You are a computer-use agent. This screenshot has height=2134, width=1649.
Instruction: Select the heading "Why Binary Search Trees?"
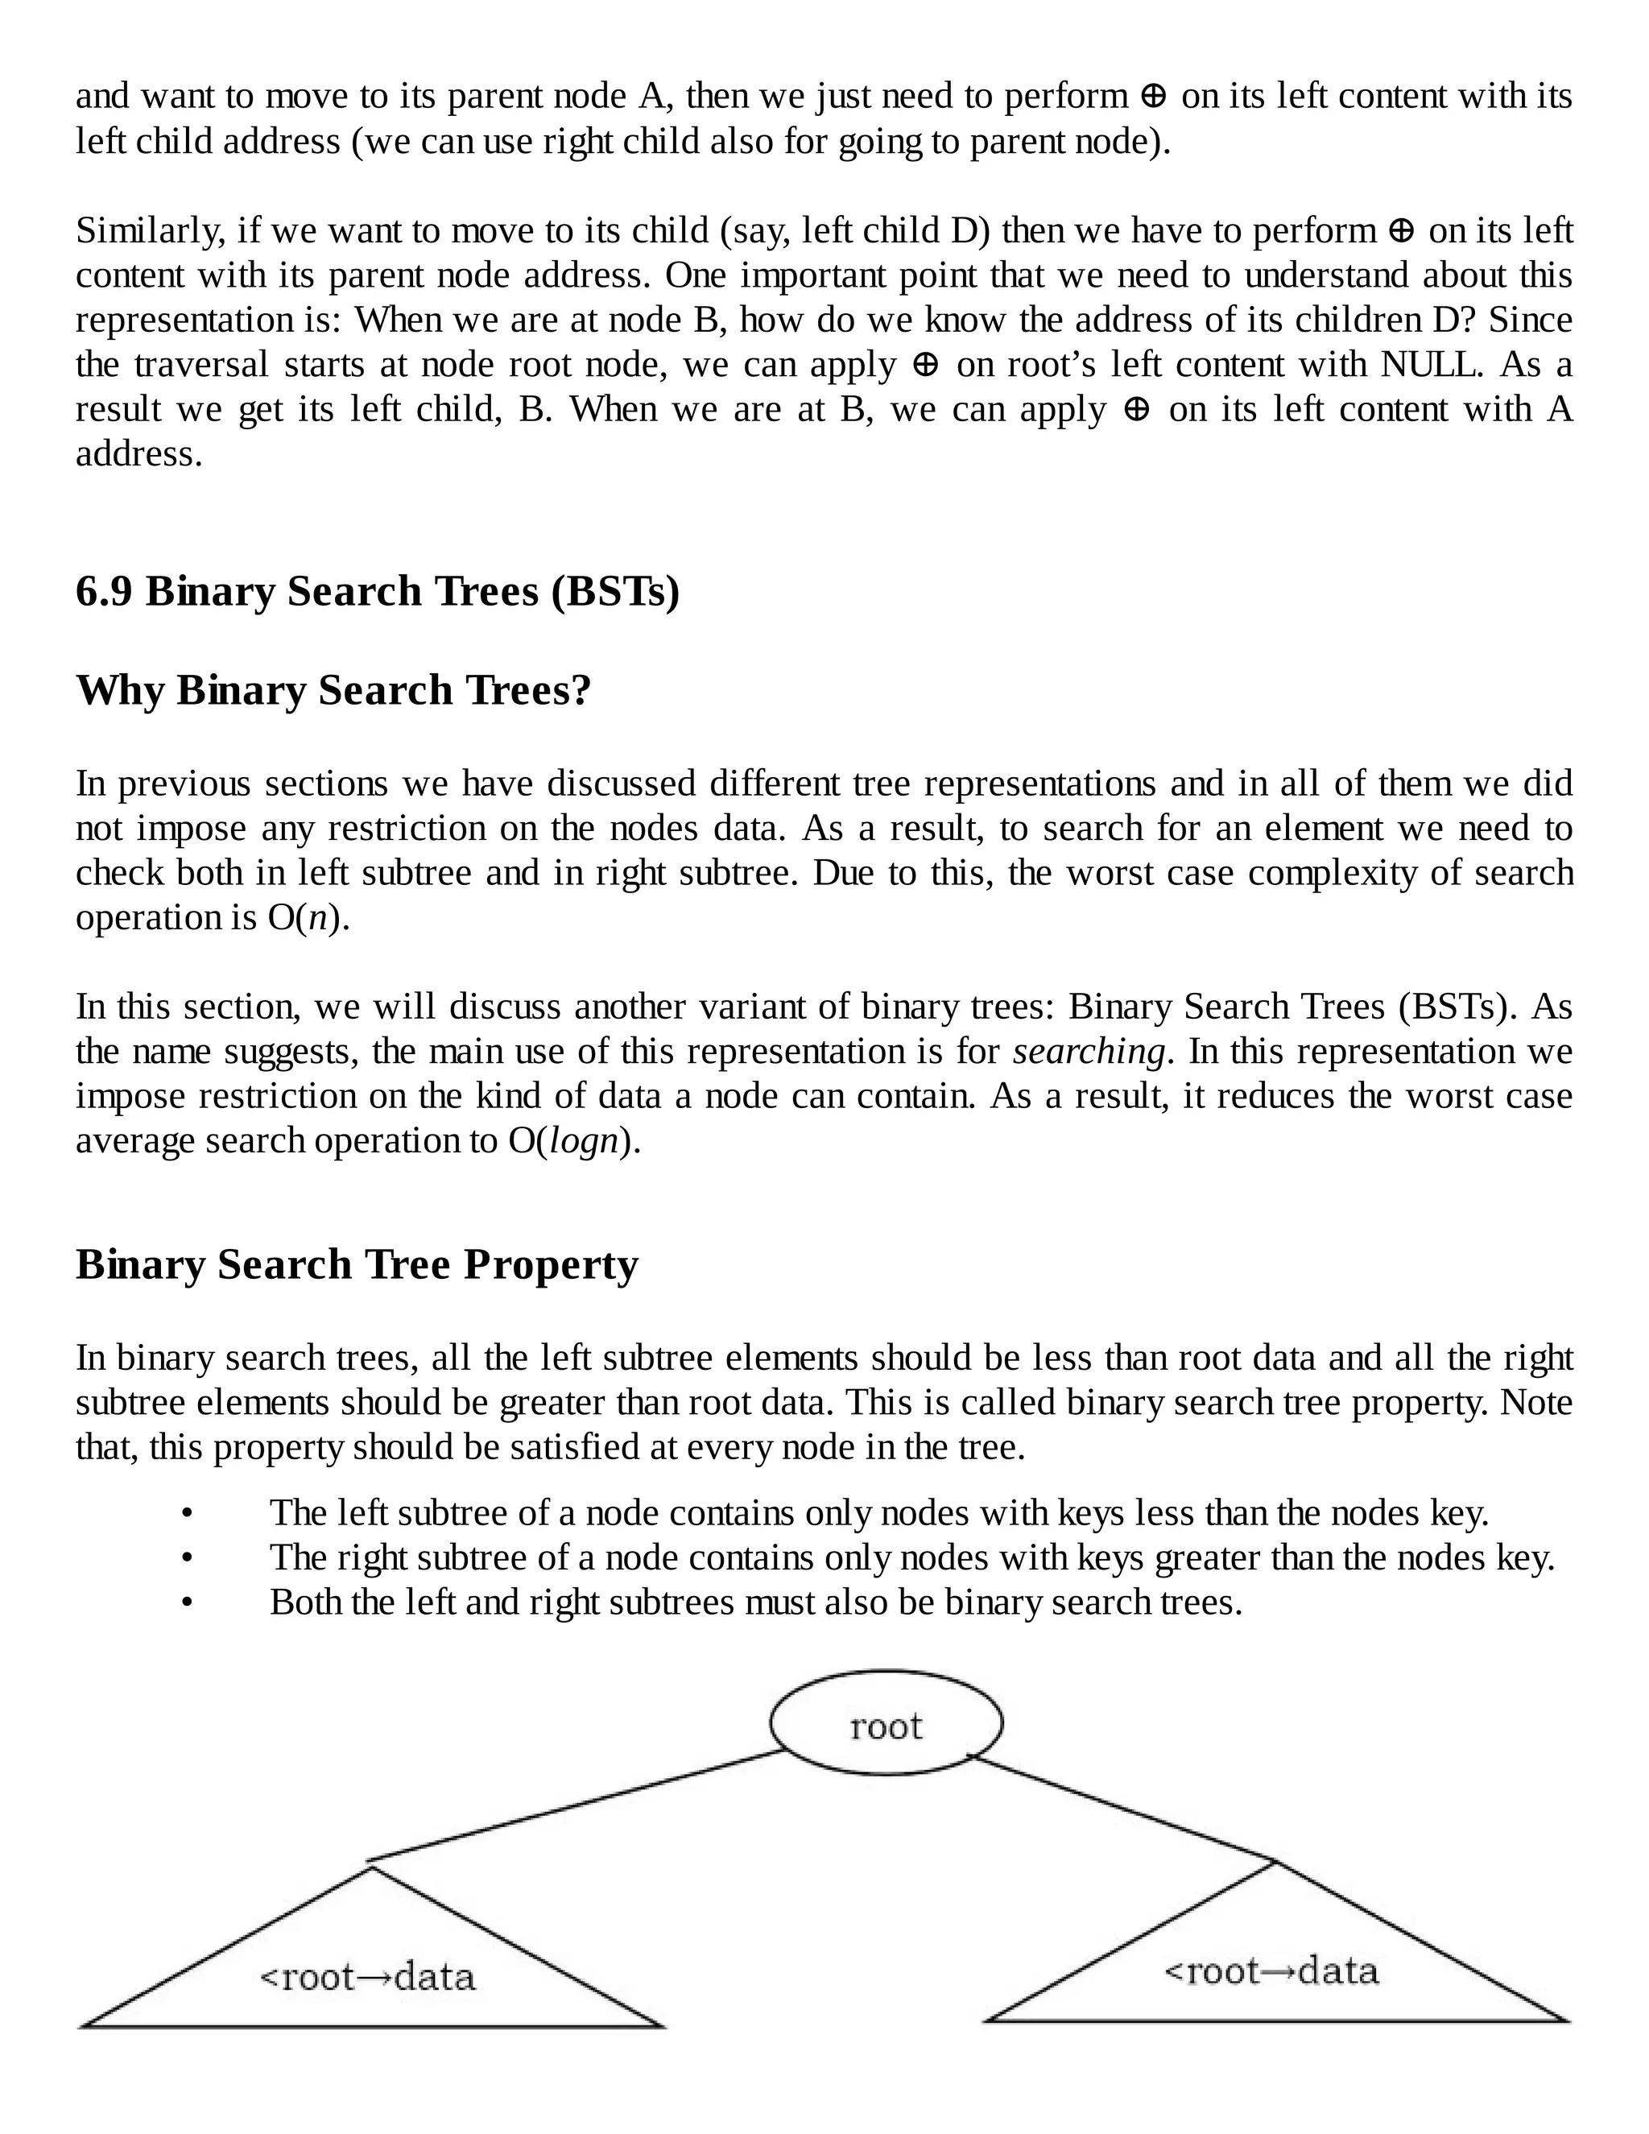333,691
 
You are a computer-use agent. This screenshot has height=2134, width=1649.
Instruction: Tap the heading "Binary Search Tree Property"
357,1264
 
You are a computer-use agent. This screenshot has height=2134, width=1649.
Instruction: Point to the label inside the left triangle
367,1978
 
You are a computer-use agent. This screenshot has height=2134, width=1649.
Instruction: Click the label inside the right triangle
1271,1971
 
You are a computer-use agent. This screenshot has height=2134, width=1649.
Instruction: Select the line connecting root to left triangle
577,1807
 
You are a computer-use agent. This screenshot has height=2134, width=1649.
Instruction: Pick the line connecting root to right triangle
1123,1809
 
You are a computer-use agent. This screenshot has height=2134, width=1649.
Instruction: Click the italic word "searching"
1089,1053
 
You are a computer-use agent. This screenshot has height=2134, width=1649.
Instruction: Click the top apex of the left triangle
371,1867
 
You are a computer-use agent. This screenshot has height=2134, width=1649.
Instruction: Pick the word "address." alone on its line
138,454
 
